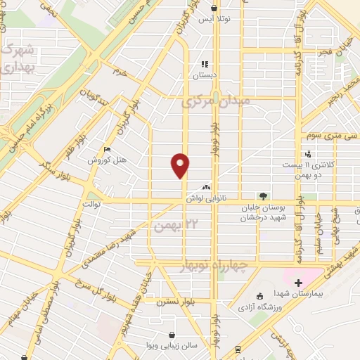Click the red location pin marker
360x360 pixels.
(x=181, y=165)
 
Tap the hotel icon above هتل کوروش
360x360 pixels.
(x=107, y=149)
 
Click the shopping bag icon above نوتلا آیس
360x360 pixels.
(x=214, y=8)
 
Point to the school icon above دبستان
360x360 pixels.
(x=205, y=64)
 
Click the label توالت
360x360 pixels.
(x=92, y=204)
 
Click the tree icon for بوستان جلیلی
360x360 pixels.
(x=263, y=195)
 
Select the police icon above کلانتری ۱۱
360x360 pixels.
(x=308, y=155)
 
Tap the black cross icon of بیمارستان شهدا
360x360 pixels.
(x=299, y=282)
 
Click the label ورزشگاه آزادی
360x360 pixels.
(x=268, y=305)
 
